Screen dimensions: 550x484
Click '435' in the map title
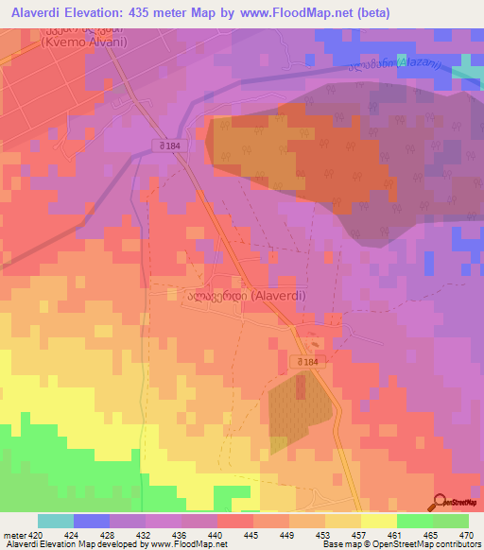pos(134,12)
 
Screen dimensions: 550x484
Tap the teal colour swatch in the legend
pos(56,521)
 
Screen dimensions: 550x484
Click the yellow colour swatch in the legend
pos(378,521)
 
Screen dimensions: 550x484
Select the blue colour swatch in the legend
pos(92,521)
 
